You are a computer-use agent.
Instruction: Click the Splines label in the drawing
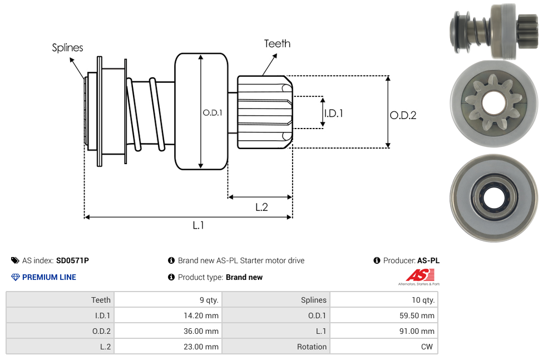(x=67, y=48)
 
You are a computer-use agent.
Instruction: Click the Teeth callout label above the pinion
(x=277, y=43)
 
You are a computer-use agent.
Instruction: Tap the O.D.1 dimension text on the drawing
(x=213, y=112)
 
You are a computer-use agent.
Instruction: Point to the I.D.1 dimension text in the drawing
(x=333, y=113)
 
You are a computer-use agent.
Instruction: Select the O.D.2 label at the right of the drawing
(x=403, y=115)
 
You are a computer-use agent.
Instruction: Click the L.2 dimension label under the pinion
(x=261, y=207)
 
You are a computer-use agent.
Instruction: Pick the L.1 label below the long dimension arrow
(x=198, y=225)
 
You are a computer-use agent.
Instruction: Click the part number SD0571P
(x=72, y=260)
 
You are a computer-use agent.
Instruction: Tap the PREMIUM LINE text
(x=49, y=277)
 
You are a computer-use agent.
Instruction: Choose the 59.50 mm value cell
(x=383, y=315)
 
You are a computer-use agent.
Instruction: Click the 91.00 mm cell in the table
(x=383, y=331)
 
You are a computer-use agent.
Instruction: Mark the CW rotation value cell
(x=383, y=347)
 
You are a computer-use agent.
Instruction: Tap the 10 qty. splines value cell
(x=383, y=300)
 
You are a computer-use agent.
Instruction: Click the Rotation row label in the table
(x=275, y=347)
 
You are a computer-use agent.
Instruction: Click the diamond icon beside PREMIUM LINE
(x=15, y=277)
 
